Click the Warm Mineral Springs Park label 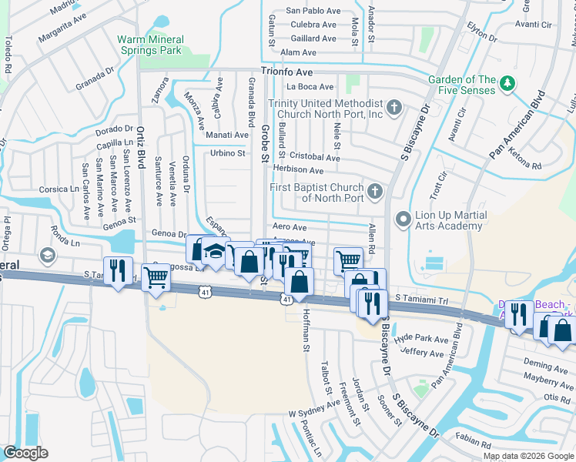[151, 45]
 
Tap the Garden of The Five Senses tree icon [507, 83]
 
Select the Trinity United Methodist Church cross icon [394, 107]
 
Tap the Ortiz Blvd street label [141, 147]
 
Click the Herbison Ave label [298, 170]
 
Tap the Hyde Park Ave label [420, 340]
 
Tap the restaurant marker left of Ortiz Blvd [117, 270]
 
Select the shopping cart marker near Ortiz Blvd [156, 276]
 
